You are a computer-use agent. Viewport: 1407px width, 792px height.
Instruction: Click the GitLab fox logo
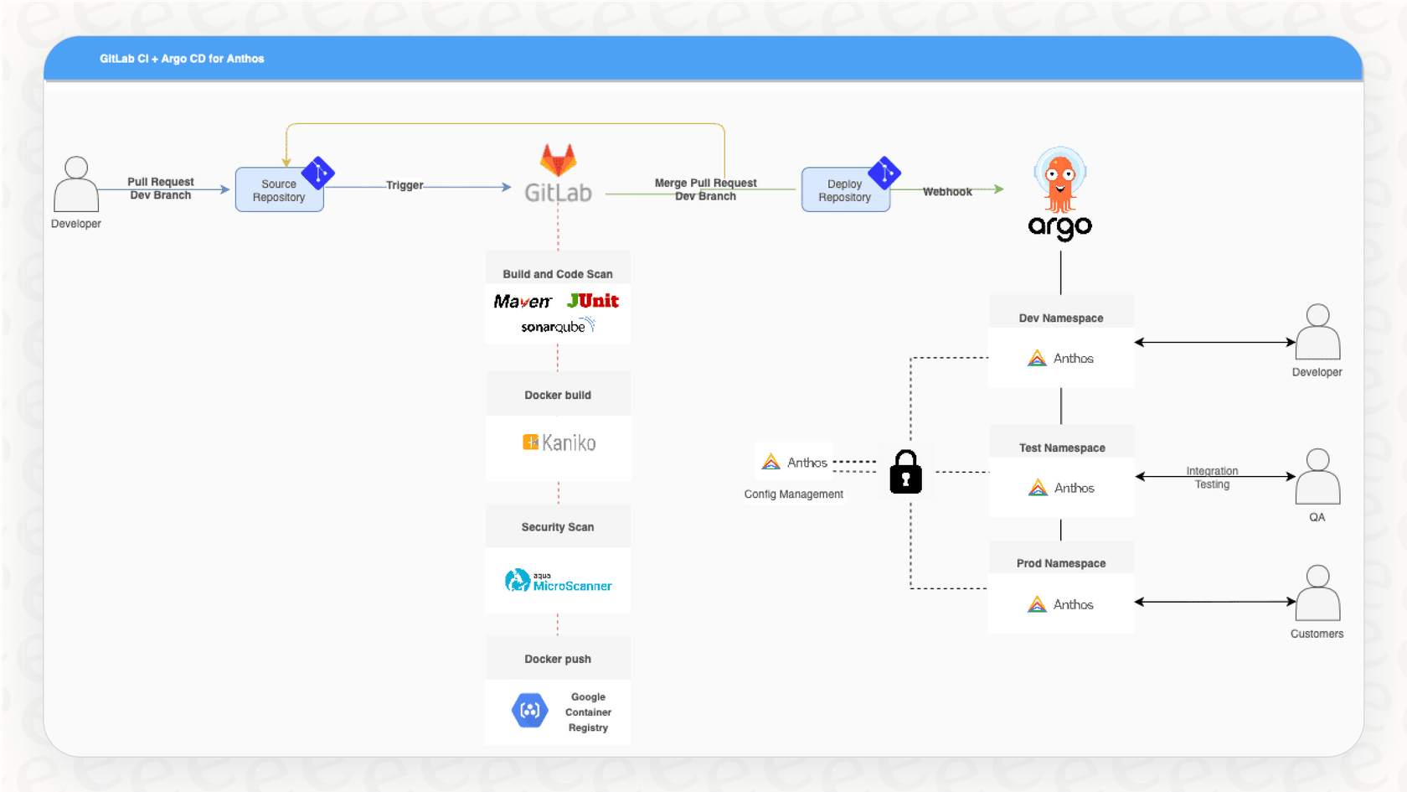(x=558, y=159)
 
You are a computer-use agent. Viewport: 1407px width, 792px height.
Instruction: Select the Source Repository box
(x=279, y=190)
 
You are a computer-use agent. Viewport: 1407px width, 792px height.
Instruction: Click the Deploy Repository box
(x=844, y=190)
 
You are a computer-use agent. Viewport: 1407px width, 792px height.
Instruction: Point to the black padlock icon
(x=905, y=472)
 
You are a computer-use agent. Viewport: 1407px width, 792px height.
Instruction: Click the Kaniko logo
(x=559, y=443)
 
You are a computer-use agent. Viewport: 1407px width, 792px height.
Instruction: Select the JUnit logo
(x=593, y=301)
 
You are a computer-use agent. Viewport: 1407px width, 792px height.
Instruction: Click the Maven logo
(x=523, y=302)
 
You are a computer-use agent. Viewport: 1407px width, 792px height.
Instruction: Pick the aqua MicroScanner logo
(x=558, y=581)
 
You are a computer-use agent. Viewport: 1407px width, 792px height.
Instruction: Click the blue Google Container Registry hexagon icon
(x=529, y=711)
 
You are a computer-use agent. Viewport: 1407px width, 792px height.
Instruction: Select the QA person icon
(x=1317, y=477)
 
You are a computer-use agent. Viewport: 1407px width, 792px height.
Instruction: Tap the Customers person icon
(x=1317, y=593)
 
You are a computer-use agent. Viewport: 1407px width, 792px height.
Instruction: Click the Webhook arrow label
(x=947, y=192)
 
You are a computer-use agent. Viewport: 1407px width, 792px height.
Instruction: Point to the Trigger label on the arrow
(x=405, y=185)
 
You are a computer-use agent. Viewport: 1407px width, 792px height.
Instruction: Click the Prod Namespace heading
(x=1061, y=563)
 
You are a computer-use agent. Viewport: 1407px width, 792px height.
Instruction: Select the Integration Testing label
(x=1212, y=478)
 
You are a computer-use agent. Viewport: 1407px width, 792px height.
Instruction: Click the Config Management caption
(x=793, y=494)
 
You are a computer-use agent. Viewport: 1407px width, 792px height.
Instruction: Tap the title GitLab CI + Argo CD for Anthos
(x=182, y=59)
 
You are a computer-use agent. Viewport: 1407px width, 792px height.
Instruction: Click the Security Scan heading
(x=558, y=527)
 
